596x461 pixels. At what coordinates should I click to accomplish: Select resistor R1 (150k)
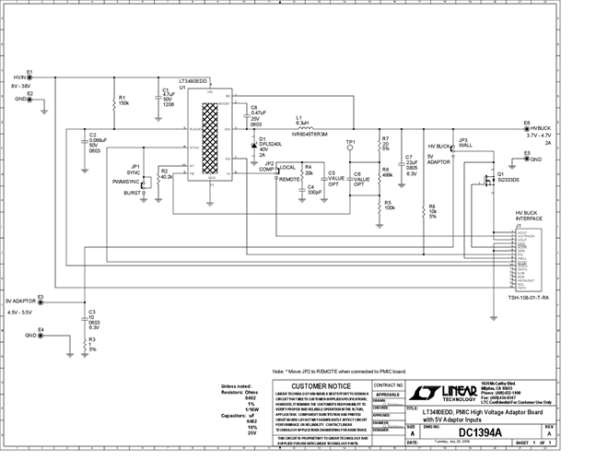click(x=112, y=101)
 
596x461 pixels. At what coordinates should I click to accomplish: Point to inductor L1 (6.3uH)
click(x=310, y=127)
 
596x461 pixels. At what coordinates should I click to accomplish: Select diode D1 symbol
click(x=254, y=145)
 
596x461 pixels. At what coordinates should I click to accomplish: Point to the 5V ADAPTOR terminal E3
click(x=41, y=300)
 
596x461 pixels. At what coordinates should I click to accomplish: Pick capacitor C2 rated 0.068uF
click(x=83, y=143)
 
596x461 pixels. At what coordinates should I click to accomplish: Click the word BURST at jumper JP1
click(x=133, y=194)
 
